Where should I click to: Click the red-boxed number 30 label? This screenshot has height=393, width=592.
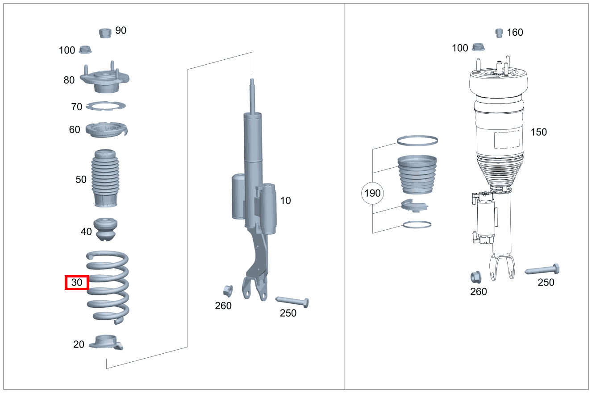point(77,282)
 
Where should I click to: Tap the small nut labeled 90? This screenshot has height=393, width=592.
point(105,33)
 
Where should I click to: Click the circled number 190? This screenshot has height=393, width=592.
point(372,193)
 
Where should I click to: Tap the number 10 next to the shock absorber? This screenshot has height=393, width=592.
point(285,201)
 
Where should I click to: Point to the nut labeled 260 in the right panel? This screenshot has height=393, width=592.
point(476,277)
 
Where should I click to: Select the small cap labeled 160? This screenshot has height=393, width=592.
point(500,33)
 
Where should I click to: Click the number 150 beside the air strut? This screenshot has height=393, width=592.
point(538,132)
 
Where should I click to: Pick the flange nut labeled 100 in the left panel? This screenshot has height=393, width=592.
point(85,50)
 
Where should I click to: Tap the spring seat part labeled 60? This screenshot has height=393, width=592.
point(106,130)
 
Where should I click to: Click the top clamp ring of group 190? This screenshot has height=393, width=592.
point(417,141)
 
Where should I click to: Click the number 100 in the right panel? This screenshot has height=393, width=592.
point(460,48)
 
